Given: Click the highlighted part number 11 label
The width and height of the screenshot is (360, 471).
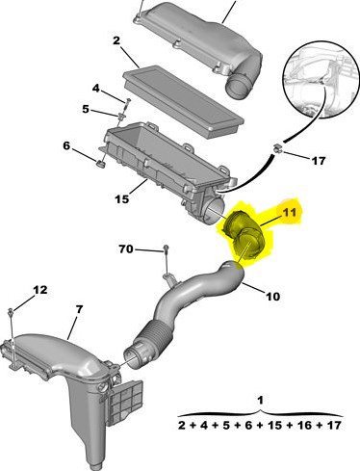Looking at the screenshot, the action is tap(290, 212).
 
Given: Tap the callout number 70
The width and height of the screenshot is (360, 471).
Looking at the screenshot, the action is tap(126, 249).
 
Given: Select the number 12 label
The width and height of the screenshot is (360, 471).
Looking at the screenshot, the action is tap(40, 290).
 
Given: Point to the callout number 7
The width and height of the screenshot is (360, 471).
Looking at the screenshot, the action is tap(79, 309).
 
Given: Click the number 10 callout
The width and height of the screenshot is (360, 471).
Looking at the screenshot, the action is tap(272, 296).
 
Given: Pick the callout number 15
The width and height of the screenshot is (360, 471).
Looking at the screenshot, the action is tap(122, 199).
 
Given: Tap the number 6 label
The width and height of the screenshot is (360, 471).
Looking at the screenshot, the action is tap(66, 145).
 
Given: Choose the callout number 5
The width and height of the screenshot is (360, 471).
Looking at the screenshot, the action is tap(86, 109).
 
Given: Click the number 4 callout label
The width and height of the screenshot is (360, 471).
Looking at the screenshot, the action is tap(96, 88).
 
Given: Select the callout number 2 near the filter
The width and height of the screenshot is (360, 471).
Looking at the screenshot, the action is tap(116, 40).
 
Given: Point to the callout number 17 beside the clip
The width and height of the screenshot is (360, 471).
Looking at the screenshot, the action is tap(319, 160).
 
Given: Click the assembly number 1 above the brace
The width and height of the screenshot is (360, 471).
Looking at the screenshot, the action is tap(261, 400).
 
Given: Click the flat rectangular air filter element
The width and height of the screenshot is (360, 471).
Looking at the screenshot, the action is tap(184, 102).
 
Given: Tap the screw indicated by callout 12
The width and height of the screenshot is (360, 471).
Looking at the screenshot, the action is tap(11, 311).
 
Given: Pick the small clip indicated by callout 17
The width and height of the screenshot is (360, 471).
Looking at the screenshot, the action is tap(277, 149).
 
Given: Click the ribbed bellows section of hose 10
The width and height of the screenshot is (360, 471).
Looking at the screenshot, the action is tap(154, 336).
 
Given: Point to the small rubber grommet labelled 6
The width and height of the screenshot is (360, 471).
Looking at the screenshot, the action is tap(102, 165).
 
